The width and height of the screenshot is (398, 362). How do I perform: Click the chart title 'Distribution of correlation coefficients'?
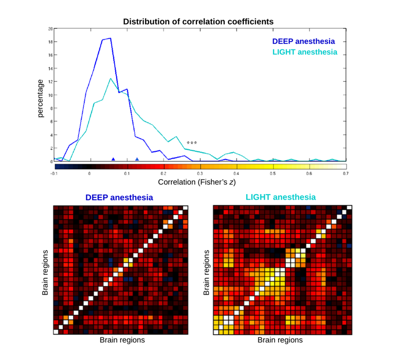pyautogui.click(x=198, y=22)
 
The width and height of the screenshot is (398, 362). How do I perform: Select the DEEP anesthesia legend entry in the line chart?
pyautogui.click(x=303, y=41)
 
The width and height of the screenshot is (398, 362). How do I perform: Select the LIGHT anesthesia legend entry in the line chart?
pyautogui.click(x=304, y=52)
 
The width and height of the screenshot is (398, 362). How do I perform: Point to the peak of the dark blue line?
pyautogui.click(x=110, y=38)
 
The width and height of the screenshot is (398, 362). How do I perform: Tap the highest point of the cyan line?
pyautogui.click(x=110, y=78)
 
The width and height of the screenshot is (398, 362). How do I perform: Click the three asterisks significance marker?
pyautogui.click(x=192, y=142)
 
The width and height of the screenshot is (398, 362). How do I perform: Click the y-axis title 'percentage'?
pyautogui.click(x=41, y=97)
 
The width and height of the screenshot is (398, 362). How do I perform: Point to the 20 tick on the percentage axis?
pyautogui.click(x=50, y=29)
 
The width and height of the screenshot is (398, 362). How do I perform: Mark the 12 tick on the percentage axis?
pyautogui.click(x=50, y=82)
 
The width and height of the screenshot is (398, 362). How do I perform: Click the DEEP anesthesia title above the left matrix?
pyautogui.click(x=119, y=197)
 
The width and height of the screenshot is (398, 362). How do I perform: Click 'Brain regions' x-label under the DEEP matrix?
pyautogui.click(x=122, y=340)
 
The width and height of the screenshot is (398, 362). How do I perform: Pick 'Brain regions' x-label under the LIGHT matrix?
pyautogui.click(x=280, y=340)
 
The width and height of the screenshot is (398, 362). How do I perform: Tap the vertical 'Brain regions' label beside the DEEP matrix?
pyautogui.click(x=45, y=273)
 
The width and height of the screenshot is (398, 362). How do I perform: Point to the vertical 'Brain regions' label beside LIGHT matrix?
pyautogui.click(x=206, y=273)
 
